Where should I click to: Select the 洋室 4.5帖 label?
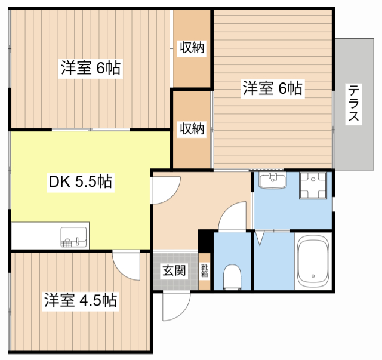(80, 300)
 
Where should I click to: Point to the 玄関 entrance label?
(174, 270)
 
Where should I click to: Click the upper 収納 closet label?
(192, 48)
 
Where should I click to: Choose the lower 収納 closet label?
(192, 128)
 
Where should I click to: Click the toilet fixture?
(231, 276)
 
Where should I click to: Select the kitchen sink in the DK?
(75, 236)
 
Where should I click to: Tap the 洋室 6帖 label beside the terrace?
(272, 89)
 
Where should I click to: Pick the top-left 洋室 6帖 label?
(90, 68)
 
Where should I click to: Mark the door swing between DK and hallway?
(164, 191)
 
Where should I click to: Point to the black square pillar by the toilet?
(205, 239)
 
